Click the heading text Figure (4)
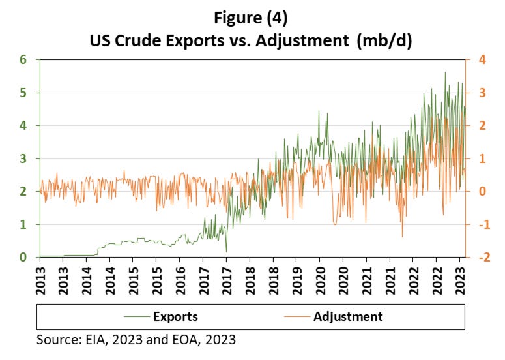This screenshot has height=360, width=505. pos(252,14)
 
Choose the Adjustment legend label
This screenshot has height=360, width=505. pos(349,317)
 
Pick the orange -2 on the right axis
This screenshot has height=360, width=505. pos(479,258)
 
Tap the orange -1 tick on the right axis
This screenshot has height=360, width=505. pos(479,224)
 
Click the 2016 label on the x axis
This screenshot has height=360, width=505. pos(180,277)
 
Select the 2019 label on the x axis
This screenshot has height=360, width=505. pos(296,277)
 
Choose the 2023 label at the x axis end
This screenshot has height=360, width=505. pos(460,277)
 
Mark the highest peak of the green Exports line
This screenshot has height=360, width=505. pos(445,72)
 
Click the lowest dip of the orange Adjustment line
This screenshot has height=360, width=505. pos(402,237)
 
